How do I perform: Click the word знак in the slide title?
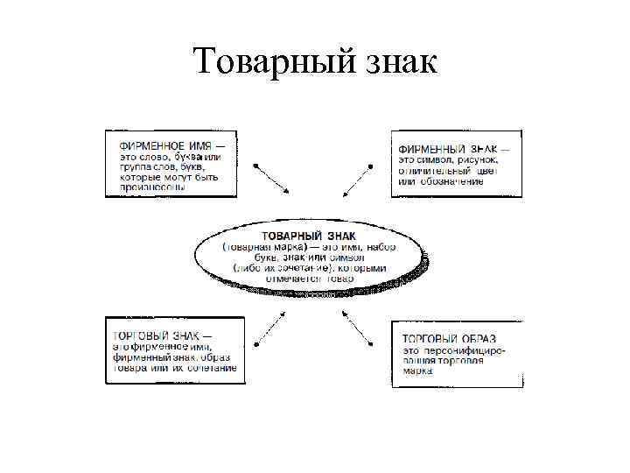click(x=396, y=63)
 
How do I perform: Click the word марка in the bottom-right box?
click(x=417, y=371)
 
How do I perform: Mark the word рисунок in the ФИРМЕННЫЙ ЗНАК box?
click(x=477, y=159)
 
